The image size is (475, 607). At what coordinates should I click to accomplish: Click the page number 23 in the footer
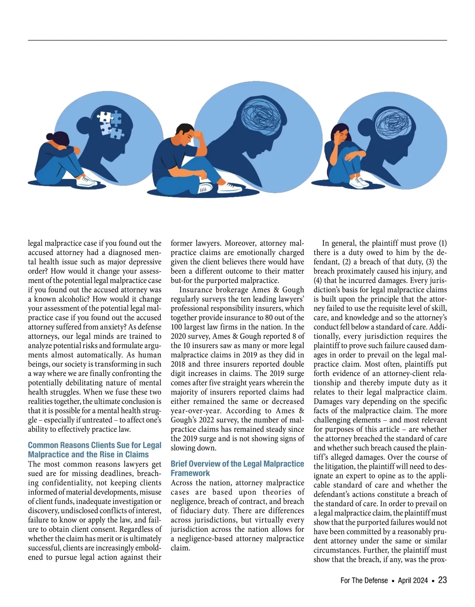point(442,580)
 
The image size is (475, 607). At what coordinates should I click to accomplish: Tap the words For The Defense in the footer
point(364,581)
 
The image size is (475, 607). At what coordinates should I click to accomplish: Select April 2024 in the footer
point(412,581)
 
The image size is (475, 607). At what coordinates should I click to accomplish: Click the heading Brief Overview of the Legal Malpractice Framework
point(237,468)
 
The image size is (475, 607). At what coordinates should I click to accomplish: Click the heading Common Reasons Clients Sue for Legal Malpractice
point(95,450)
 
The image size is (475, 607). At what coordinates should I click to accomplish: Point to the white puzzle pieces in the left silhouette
point(110,123)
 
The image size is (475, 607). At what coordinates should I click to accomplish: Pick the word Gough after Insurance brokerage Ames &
point(293,289)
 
